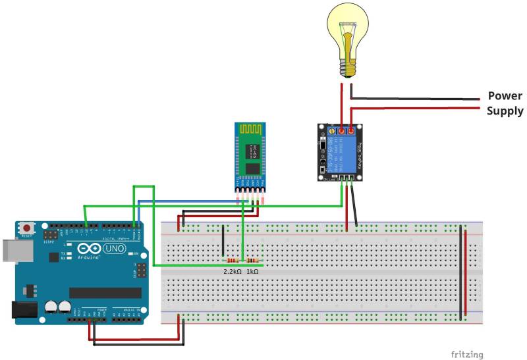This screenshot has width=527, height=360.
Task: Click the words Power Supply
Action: tap(505, 103)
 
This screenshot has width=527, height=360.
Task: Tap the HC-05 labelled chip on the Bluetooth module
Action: tap(251, 151)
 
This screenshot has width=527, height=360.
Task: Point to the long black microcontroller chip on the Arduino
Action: tap(105, 292)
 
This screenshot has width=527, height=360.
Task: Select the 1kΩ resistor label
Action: tap(253, 271)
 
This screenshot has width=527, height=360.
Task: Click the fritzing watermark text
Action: tap(466, 354)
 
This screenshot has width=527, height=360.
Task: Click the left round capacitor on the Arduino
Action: tap(51, 307)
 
